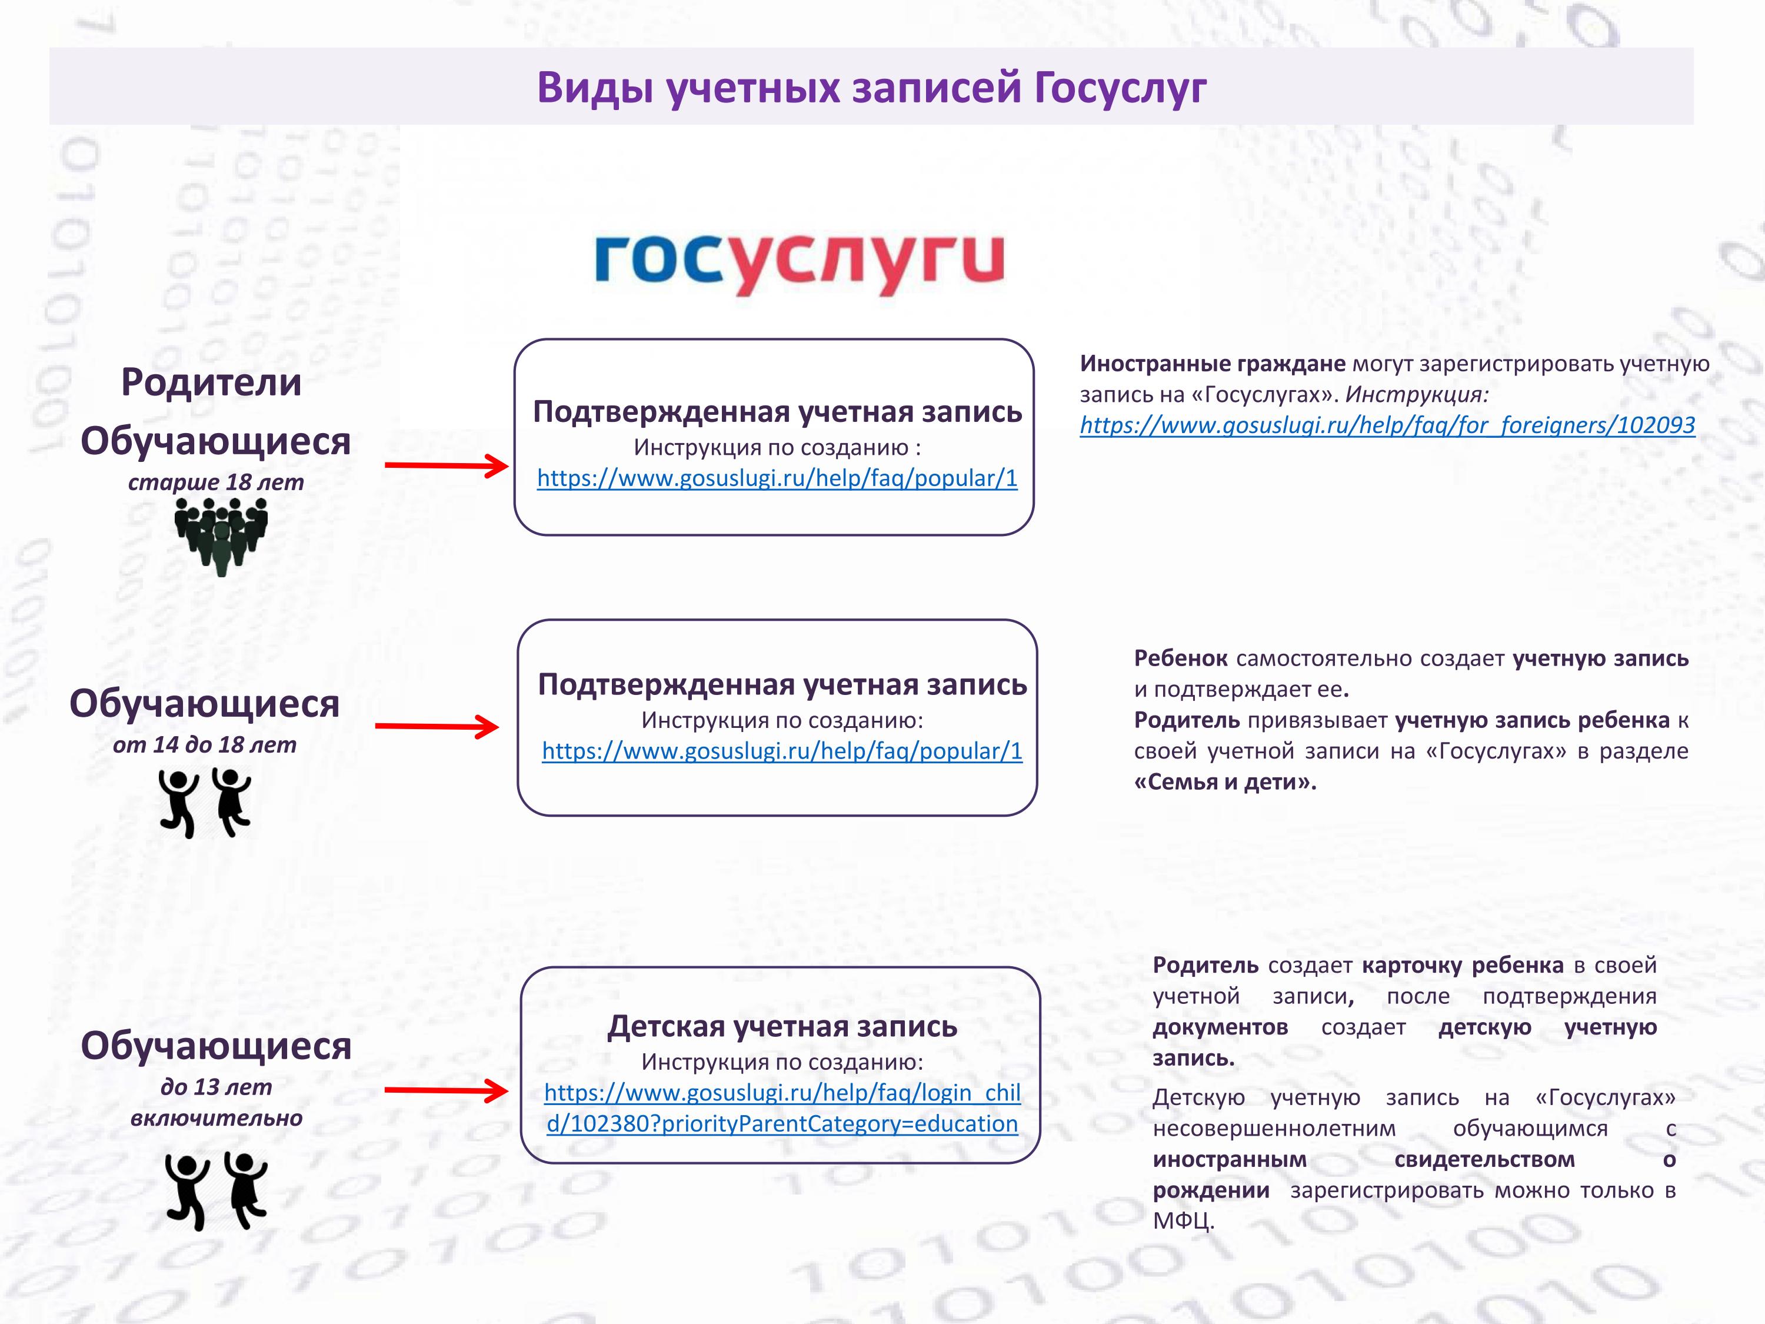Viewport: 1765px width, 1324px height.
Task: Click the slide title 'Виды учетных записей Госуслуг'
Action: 871,87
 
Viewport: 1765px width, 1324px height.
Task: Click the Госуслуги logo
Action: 799,264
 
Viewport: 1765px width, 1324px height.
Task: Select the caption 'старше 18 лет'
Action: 215,482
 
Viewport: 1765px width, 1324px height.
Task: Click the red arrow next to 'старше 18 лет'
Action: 447,465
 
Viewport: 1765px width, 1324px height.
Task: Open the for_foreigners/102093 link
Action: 1387,425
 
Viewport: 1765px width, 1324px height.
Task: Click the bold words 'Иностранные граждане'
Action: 1212,364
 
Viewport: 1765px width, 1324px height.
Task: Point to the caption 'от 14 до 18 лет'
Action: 204,744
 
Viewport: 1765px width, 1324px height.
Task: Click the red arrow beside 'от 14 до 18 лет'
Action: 437,726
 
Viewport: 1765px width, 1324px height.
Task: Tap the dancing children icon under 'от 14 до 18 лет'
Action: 205,803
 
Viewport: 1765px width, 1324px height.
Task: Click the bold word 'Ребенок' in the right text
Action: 1181,658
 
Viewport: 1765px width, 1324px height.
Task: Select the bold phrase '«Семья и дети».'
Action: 1225,781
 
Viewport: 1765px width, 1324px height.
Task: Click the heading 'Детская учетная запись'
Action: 782,1026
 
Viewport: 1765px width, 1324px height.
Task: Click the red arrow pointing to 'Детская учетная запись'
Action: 447,1090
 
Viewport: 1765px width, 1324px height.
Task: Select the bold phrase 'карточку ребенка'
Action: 1463,966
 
